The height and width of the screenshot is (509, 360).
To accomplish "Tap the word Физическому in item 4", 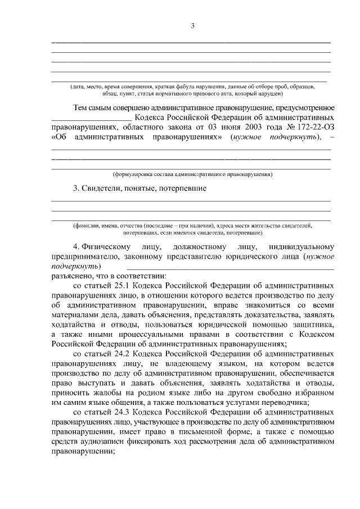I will pos(106,246).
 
